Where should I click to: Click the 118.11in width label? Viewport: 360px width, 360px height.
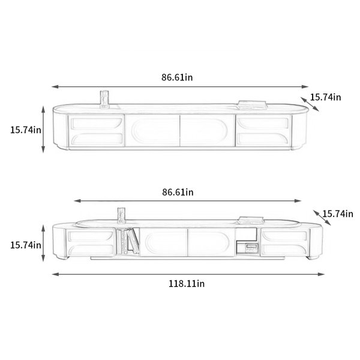click(x=187, y=284)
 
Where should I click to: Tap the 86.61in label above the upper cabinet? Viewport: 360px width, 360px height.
click(x=177, y=77)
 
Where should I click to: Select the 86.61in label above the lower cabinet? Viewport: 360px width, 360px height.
click(x=178, y=192)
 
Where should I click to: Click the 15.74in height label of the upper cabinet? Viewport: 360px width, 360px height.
click(x=26, y=130)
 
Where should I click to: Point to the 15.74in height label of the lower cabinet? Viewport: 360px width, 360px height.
click(x=26, y=245)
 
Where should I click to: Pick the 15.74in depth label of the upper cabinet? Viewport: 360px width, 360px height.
click(x=326, y=97)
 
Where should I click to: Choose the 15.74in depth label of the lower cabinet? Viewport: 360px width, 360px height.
click(x=338, y=214)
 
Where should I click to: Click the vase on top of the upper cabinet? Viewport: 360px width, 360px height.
click(x=104, y=99)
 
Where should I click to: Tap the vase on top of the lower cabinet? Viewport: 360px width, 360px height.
click(x=121, y=215)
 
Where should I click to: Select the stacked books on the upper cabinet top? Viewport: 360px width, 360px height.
click(x=252, y=104)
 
